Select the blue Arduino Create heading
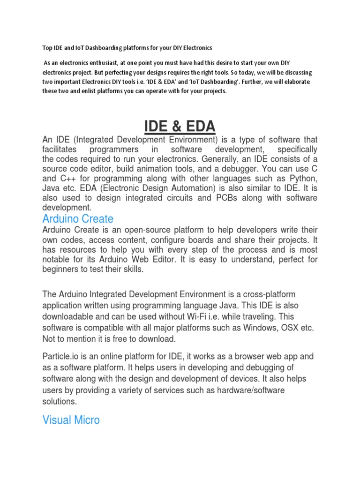[x=78, y=218]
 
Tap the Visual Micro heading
[x=71, y=420]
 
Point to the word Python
[x=303, y=179]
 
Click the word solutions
[x=59, y=402]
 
